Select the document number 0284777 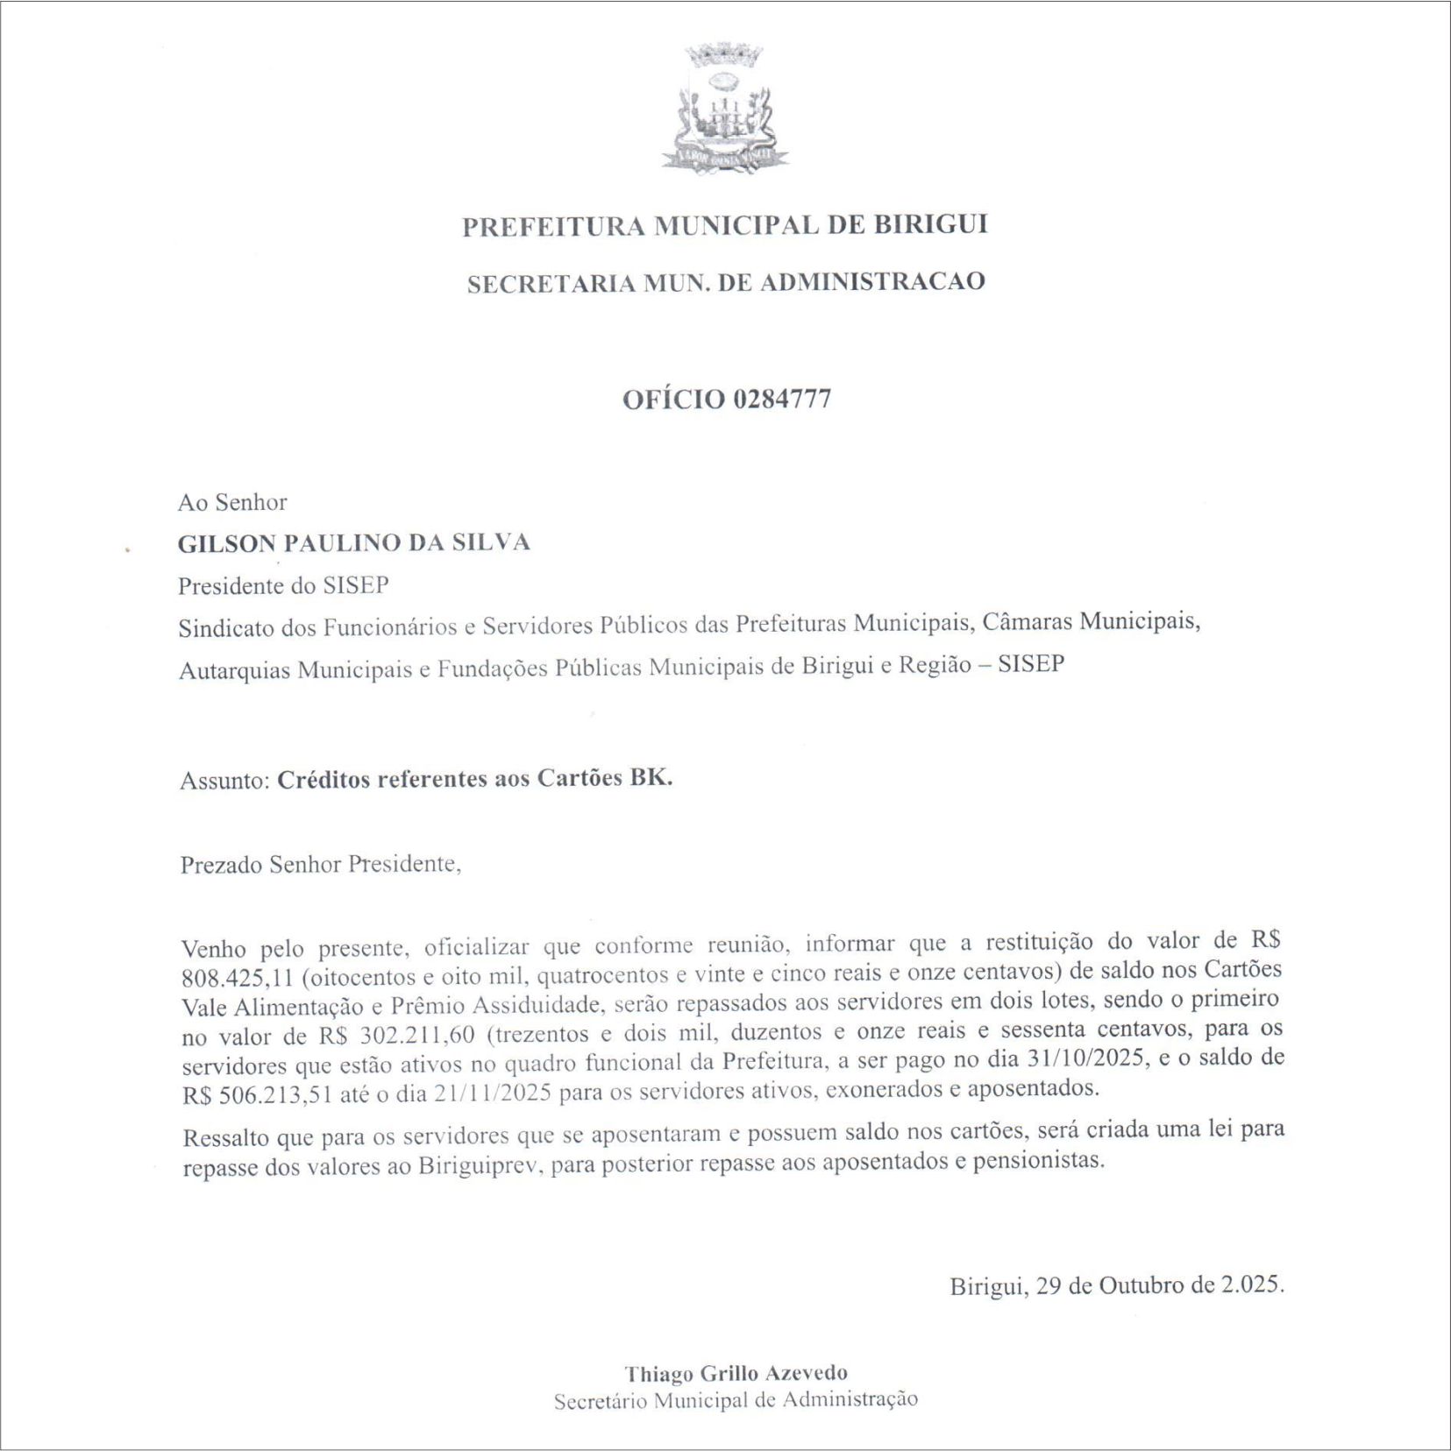781,400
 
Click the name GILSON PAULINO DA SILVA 354,543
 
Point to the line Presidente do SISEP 283,585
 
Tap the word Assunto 223,780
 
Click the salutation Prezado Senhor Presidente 320,865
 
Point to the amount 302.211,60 417,1035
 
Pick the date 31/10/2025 1085,1058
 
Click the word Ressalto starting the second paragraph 226,1138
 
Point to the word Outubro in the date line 1140,1285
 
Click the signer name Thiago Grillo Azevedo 736,1373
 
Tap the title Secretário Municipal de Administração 736,1400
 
